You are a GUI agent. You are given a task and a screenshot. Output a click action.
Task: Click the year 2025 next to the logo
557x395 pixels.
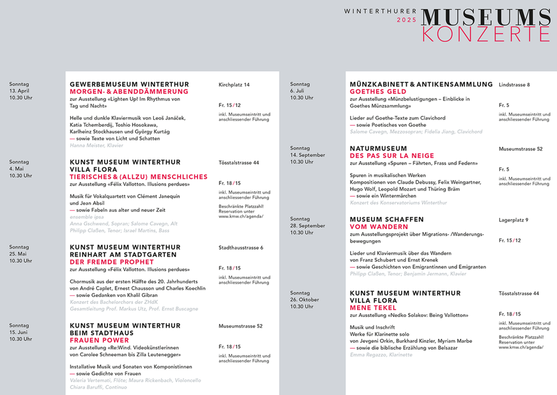point(406,20)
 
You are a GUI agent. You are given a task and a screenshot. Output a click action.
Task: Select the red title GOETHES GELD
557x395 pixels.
point(378,92)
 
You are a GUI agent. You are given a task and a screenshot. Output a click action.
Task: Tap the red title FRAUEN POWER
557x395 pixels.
point(99,340)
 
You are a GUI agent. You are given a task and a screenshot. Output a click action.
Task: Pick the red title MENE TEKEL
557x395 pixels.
point(367,307)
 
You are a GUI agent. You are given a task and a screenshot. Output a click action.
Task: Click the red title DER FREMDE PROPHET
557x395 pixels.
point(112,262)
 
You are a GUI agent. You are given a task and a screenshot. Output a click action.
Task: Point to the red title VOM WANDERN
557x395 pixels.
point(379,226)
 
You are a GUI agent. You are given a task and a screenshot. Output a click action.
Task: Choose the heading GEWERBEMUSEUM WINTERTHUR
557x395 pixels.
point(129,84)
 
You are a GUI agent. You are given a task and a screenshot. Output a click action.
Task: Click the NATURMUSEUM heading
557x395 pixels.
point(378,149)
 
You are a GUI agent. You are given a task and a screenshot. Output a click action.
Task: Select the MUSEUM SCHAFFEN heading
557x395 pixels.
point(386,219)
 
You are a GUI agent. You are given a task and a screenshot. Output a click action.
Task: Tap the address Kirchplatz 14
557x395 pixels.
point(234,84)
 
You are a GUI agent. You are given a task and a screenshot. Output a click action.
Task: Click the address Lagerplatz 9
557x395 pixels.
point(513,220)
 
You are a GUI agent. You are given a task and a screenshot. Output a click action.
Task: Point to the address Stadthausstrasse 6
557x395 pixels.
point(241,248)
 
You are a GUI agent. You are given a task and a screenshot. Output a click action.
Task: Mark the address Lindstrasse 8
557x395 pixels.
point(514,84)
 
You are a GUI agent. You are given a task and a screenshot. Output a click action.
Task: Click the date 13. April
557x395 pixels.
point(20,91)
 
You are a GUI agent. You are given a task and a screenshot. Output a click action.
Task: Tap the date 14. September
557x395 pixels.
point(307,155)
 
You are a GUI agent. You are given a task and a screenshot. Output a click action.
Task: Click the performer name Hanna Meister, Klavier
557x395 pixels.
point(96,145)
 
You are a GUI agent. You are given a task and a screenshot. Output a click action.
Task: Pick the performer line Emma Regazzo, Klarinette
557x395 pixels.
point(381,355)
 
